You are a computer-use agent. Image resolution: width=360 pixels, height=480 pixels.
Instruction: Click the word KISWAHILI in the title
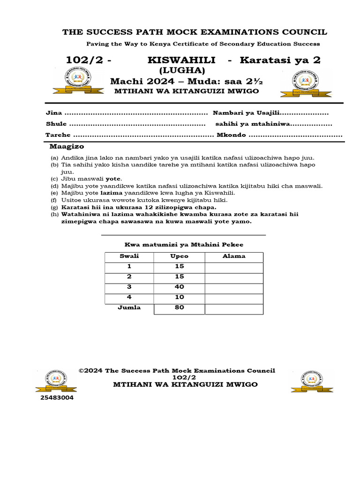tap(181, 60)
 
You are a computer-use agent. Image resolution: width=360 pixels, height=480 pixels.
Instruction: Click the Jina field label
tap(53, 113)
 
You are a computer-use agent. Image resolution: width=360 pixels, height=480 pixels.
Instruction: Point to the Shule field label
tap(56, 124)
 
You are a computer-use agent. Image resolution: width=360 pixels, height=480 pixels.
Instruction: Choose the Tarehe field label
tap(58, 135)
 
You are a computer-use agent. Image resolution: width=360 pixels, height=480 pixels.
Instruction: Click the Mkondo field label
tap(231, 135)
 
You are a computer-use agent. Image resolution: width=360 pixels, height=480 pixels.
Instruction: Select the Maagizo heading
tap(67, 147)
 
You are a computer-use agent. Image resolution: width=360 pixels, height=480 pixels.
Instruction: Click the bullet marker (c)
tap(54, 179)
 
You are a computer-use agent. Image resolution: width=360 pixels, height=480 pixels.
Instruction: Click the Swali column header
tap(129, 256)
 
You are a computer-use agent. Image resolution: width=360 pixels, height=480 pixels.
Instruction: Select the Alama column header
tap(233, 256)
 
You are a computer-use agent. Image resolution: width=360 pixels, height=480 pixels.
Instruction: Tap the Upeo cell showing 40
tap(179, 287)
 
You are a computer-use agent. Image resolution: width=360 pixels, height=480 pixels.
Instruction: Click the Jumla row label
tap(129, 308)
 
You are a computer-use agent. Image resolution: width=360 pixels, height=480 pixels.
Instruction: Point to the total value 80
tap(179, 308)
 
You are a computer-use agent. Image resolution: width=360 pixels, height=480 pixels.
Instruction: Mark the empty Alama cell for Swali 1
tap(233, 267)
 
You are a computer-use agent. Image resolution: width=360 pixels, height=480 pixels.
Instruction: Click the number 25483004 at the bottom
tap(57, 398)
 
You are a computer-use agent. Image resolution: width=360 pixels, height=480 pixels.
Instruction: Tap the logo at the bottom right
tap(306, 380)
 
